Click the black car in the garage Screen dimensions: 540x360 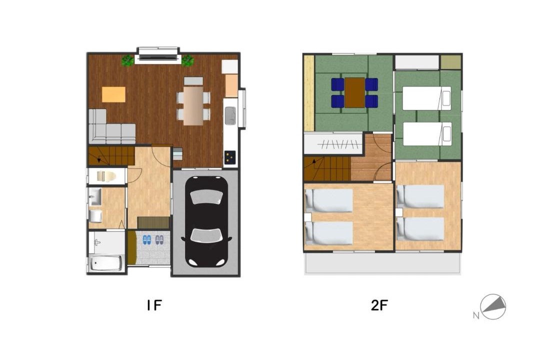pyautogui.click(x=206, y=221)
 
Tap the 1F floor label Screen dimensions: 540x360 pyautogui.click(x=154, y=305)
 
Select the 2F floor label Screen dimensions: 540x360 pyautogui.click(x=379, y=305)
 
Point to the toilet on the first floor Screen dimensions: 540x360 pyautogui.click(x=106, y=176)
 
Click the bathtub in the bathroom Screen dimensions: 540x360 pyautogui.click(x=105, y=263)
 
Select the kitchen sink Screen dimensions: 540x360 pyautogui.click(x=230, y=115)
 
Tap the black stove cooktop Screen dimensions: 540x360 pyautogui.click(x=230, y=157)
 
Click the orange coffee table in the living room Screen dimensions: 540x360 pyautogui.click(x=113, y=94)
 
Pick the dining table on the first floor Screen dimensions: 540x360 pyautogui.click(x=193, y=105)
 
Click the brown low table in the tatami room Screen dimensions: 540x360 pyautogui.click(x=354, y=92)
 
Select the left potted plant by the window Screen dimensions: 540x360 pyautogui.click(x=128, y=60)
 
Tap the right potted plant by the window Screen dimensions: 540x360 pyautogui.click(x=187, y=60)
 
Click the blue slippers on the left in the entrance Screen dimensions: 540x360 pyautogui.click(x=146, y=240)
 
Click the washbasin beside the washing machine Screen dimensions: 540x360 pyautogui.click(x=94, y=196)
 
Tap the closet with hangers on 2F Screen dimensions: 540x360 pyautogui.click(x=333, y=144)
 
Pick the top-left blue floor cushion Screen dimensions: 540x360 pyautogui.click(x=337, y=84)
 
